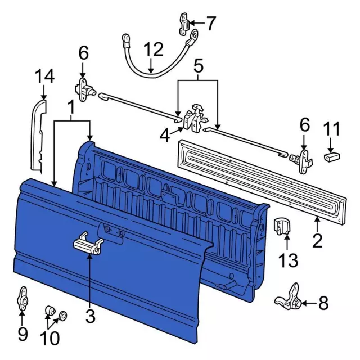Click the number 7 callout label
210,24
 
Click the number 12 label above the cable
152,50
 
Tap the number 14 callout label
45,76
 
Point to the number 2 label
317,241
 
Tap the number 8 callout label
323,304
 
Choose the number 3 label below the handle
91,316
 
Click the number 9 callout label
22,334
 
